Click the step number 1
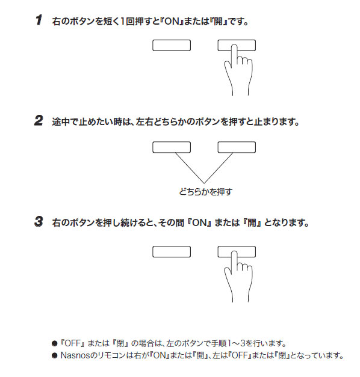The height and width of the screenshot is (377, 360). point(39,20)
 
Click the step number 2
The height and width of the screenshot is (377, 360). point(39,120)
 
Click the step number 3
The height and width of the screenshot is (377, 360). point(39,221)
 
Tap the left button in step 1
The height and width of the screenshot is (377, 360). point(172,46)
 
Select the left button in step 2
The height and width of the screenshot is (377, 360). point(172,147)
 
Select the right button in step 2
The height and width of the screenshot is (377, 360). point(237,147)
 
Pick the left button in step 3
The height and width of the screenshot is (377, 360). point(172,252)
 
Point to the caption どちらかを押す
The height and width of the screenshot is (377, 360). point(206,192)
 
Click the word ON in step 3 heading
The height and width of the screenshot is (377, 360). point(200,222)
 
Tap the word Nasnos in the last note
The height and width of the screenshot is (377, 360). point(76,355)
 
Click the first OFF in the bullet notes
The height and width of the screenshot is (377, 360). point(72,343)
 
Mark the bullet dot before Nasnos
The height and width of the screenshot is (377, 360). point(55,355)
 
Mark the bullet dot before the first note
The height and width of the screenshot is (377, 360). point(55,343)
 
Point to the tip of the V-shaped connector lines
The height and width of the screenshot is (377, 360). point(204,183)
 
